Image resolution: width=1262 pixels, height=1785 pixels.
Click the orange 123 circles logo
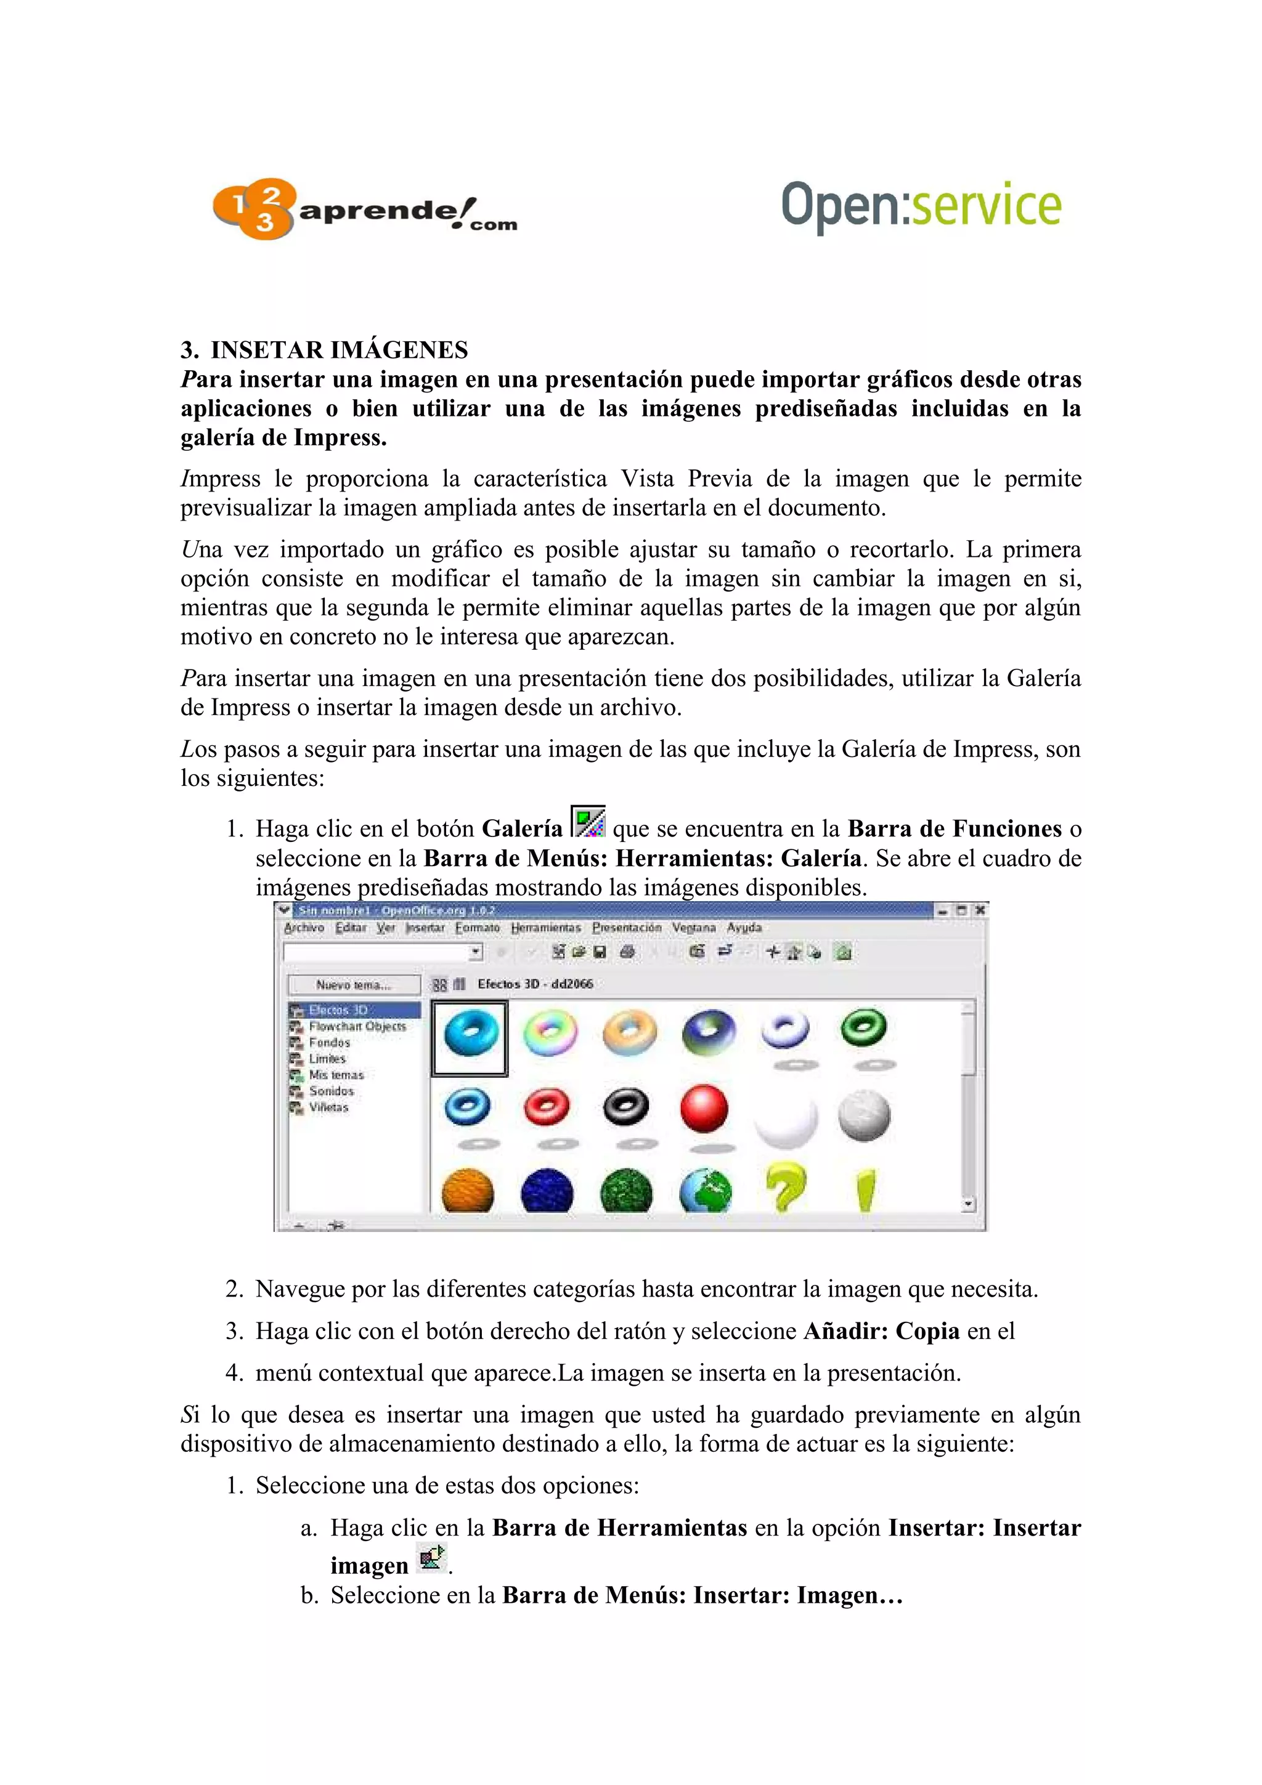point(253,208)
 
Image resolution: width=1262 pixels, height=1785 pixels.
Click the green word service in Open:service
point(985,206)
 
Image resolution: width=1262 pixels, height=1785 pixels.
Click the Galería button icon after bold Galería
point(588,822)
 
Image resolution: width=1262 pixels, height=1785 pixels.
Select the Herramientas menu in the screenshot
point(545,928)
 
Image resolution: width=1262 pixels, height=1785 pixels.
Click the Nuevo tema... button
point(354,985)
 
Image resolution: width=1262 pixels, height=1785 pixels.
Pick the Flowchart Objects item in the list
point(357,1026)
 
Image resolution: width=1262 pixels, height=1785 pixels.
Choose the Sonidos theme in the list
point(332,1091)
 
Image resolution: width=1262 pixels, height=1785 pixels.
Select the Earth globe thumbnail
point(706,1191)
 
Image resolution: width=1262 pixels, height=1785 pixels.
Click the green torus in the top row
point(863,1028)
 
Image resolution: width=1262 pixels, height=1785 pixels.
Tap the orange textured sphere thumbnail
point(467,1191)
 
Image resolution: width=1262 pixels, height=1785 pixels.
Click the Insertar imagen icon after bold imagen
point(431,1559)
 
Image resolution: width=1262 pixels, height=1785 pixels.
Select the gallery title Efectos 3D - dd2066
point(535,984)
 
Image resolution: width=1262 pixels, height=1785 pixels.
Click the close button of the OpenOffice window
point(980,910)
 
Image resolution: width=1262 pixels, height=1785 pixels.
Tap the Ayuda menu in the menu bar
point(744,928)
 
